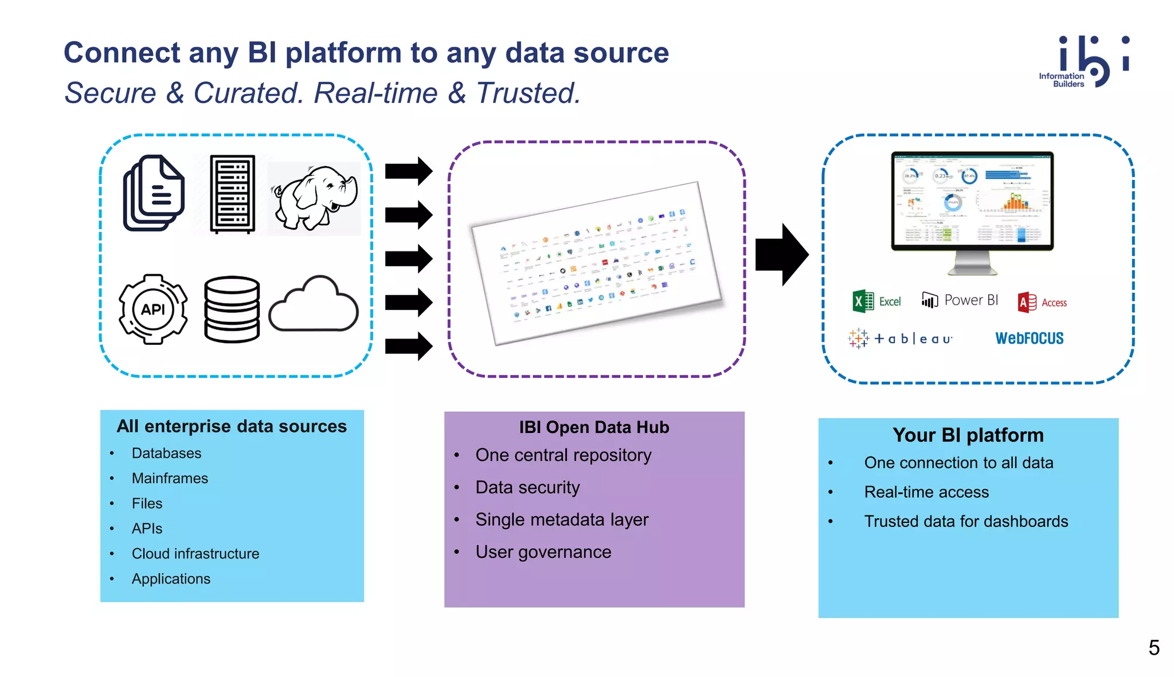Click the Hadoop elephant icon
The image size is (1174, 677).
click(314, 198)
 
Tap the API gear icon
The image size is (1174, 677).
click(153, 309)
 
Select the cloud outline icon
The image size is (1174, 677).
click(314, 305)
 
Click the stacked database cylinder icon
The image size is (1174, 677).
click(232, 309)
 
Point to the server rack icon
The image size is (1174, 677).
click(232, 194)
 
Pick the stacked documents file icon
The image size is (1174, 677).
click(154, 193)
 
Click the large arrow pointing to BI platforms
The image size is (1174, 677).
click(781, 254)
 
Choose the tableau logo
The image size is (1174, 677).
click(901, 338)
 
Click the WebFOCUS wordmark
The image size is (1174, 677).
click(1029, 338)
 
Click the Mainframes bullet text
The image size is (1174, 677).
click(170, 478)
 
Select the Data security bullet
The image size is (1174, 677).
click(527, 487)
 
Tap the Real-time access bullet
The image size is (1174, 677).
click(926, 492)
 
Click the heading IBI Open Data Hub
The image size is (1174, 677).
click(594, 427)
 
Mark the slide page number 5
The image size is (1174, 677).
click(1153, 648)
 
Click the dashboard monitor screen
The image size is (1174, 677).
click(972, 200)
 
